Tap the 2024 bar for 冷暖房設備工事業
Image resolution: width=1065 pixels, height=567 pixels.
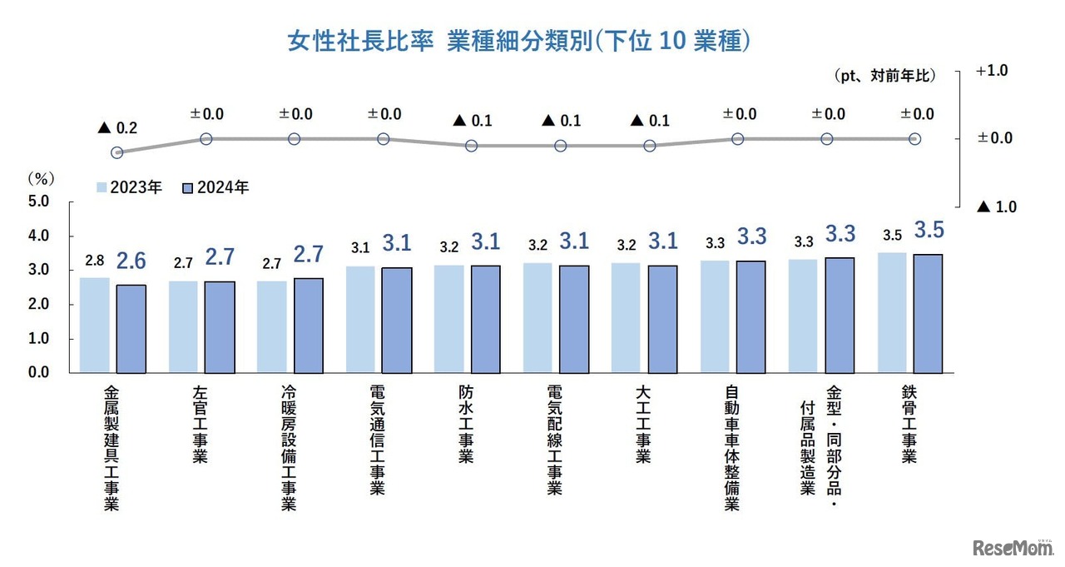(308, 325)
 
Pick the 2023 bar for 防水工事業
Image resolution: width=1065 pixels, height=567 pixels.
(449, 318)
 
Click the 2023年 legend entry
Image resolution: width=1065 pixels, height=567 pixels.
(130, 187)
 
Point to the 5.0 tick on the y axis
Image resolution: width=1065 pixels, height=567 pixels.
(39, 201)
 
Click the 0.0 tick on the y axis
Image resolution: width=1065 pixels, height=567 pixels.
(39, 372)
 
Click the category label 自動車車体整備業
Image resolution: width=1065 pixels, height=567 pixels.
(732, 445)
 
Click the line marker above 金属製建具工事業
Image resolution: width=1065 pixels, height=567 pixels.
(117, 152)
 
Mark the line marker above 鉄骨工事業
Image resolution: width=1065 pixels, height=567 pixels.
(914, 138)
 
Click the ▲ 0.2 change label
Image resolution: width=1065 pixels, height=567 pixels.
(117, 128)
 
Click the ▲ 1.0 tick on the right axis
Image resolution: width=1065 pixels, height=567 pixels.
(996, 206)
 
